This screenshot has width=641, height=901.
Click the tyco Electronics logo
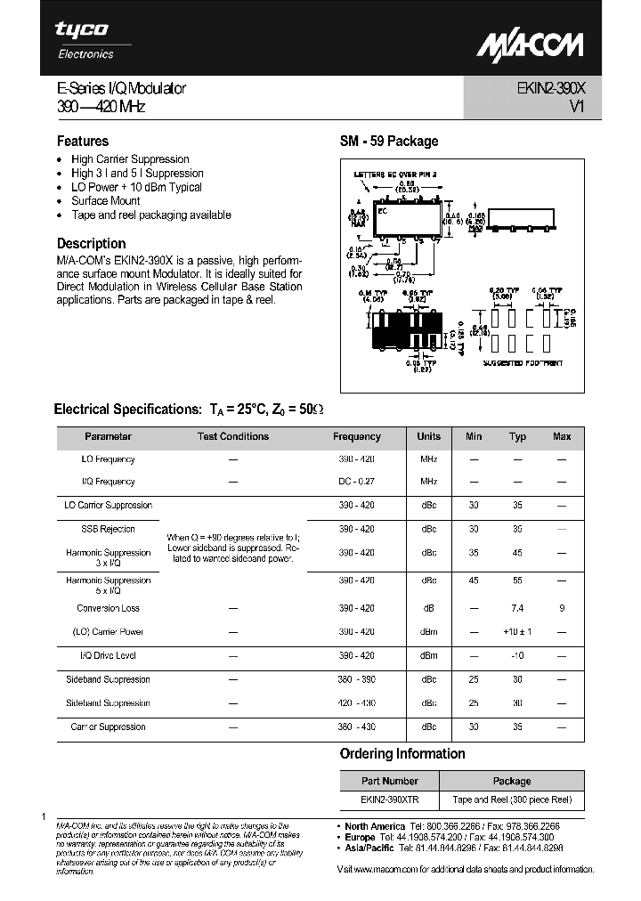point(83,39)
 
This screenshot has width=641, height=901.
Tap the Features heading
point(83,141)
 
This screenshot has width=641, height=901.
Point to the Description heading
point(91,243)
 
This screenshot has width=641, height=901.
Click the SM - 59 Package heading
point(389,141)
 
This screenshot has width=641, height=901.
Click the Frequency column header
point(357,436)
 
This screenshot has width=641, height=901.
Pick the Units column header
point(428,436)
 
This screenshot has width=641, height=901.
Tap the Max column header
point(562,436)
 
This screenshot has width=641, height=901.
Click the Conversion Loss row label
point(109,608)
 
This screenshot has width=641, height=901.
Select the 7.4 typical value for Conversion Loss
point(517,608)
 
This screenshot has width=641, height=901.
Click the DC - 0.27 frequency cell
point(357,482)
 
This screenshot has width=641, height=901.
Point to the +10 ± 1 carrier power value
point(517,631)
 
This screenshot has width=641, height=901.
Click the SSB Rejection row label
point(109,529)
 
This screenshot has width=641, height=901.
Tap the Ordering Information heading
point(402,753)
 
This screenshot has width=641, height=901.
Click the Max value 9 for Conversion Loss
point(562,608)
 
